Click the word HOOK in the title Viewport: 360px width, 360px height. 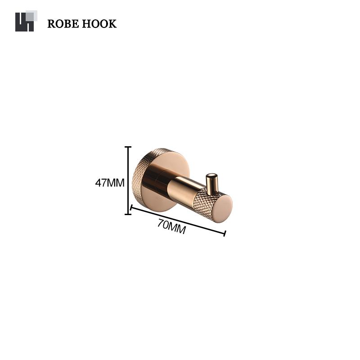click(x=99, y=24)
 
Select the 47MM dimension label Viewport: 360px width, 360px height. click(x=110, y=183)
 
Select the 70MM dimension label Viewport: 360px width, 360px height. click(x=171, y=227)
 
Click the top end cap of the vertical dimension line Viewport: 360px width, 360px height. click(x=128, y=147)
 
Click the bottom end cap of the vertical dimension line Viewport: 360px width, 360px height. click(x=128, y=214)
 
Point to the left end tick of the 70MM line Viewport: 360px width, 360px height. click(x=131, y=207)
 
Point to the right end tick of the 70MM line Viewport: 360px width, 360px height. click(x=225, y=234)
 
